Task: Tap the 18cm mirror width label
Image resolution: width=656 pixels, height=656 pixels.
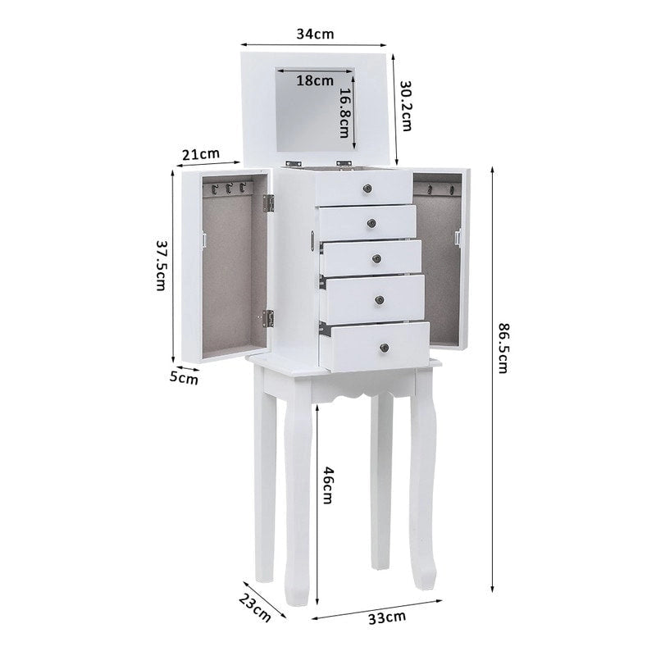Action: [315, 80]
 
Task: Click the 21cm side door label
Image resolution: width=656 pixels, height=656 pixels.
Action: [201, 154]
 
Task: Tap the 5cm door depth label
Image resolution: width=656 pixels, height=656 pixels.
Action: [184, 378]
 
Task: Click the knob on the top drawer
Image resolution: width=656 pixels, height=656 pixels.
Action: [364, 189]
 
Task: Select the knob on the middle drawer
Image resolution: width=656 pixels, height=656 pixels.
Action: [376, 259]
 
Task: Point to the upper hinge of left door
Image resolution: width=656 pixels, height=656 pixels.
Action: [267, 203]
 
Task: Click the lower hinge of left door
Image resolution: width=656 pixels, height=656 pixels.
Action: [266, 317]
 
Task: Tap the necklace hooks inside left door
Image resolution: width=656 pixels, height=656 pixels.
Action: [226, 189]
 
